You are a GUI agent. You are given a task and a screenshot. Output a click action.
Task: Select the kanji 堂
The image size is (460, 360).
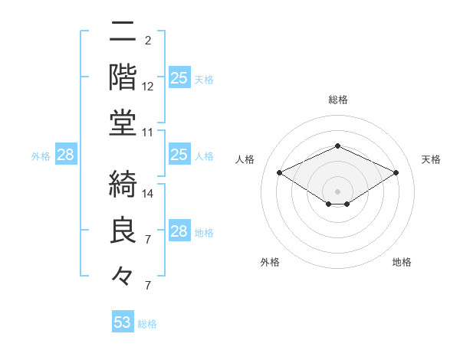(123, 123)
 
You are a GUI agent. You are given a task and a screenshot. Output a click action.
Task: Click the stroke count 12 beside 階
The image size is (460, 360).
(148, 87)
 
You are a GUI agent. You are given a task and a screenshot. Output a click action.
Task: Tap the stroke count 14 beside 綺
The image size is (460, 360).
(148, 193)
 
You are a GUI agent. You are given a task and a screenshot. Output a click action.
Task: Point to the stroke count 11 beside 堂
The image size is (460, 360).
(148, 133)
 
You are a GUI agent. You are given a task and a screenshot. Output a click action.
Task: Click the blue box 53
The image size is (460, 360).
(123, 322)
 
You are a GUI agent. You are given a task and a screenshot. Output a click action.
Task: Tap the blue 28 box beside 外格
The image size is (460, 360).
(65, 155)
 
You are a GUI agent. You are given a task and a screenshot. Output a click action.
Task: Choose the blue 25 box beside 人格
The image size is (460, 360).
(179, 155)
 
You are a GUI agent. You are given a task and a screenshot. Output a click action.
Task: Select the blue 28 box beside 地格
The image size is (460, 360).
(179, 231)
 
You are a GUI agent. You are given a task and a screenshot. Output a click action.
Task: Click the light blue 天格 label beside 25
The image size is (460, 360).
(204, 80)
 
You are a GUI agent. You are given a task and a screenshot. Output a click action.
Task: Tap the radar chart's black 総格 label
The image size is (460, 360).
(337, 100)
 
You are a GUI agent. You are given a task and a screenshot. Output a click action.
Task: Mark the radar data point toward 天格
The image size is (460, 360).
(396, 173)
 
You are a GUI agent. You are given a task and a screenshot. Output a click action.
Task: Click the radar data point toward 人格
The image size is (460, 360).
(279, 173)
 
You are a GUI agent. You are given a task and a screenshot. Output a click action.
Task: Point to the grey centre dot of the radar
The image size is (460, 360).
(337, 190)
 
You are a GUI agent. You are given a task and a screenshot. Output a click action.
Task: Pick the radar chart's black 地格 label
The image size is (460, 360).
(402, 262)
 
